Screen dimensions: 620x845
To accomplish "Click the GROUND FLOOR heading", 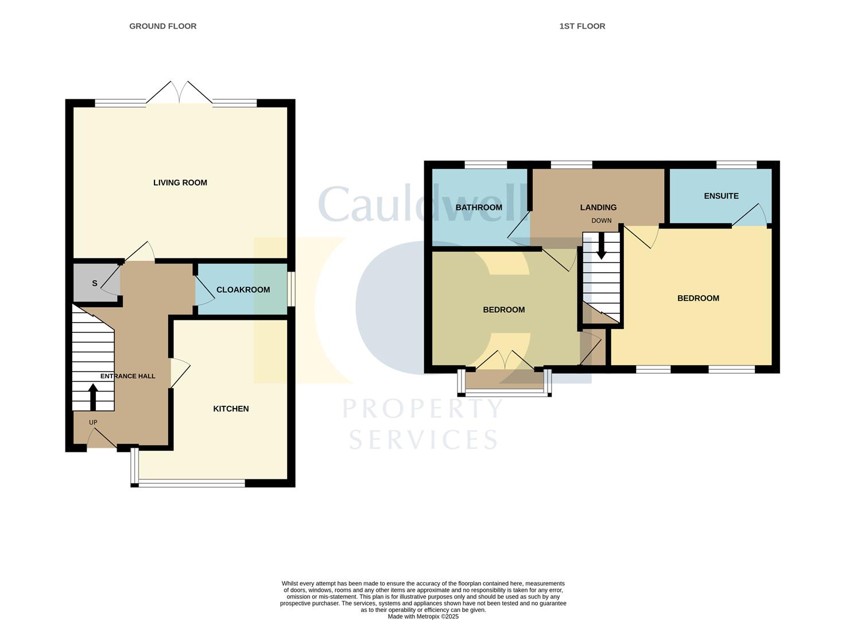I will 162,26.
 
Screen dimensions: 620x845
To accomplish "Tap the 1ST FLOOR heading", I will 582,26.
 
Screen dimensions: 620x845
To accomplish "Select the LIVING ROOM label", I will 180,183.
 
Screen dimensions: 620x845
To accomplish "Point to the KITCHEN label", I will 231,409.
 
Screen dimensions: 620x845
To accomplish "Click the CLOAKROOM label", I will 243,289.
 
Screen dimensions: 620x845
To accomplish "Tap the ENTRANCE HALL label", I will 127,376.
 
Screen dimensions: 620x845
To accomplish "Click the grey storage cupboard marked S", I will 95,283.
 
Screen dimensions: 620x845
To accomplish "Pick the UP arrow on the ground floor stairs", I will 92,396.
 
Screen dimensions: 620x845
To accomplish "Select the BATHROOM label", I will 479,207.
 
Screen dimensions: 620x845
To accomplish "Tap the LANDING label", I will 598,207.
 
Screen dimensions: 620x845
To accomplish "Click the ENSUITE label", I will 721,196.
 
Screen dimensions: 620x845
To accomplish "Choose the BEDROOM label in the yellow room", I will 698,298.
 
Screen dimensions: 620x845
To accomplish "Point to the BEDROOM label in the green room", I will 503,309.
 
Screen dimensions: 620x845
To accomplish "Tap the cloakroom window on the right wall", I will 291,289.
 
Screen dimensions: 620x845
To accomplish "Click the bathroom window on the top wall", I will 486,165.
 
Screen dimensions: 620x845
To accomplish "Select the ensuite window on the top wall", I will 737,165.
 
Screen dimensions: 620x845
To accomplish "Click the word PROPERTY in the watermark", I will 422,409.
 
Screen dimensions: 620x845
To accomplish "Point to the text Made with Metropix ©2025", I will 423,617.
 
